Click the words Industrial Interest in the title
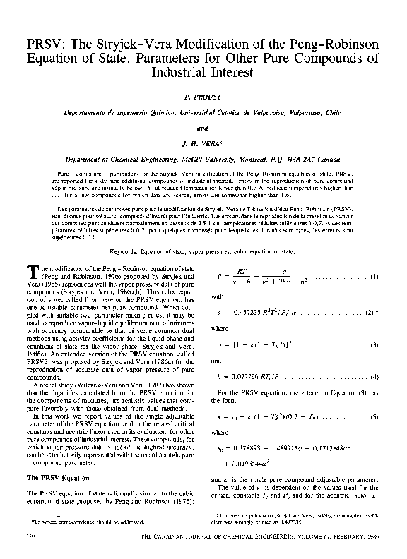point(203,72)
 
